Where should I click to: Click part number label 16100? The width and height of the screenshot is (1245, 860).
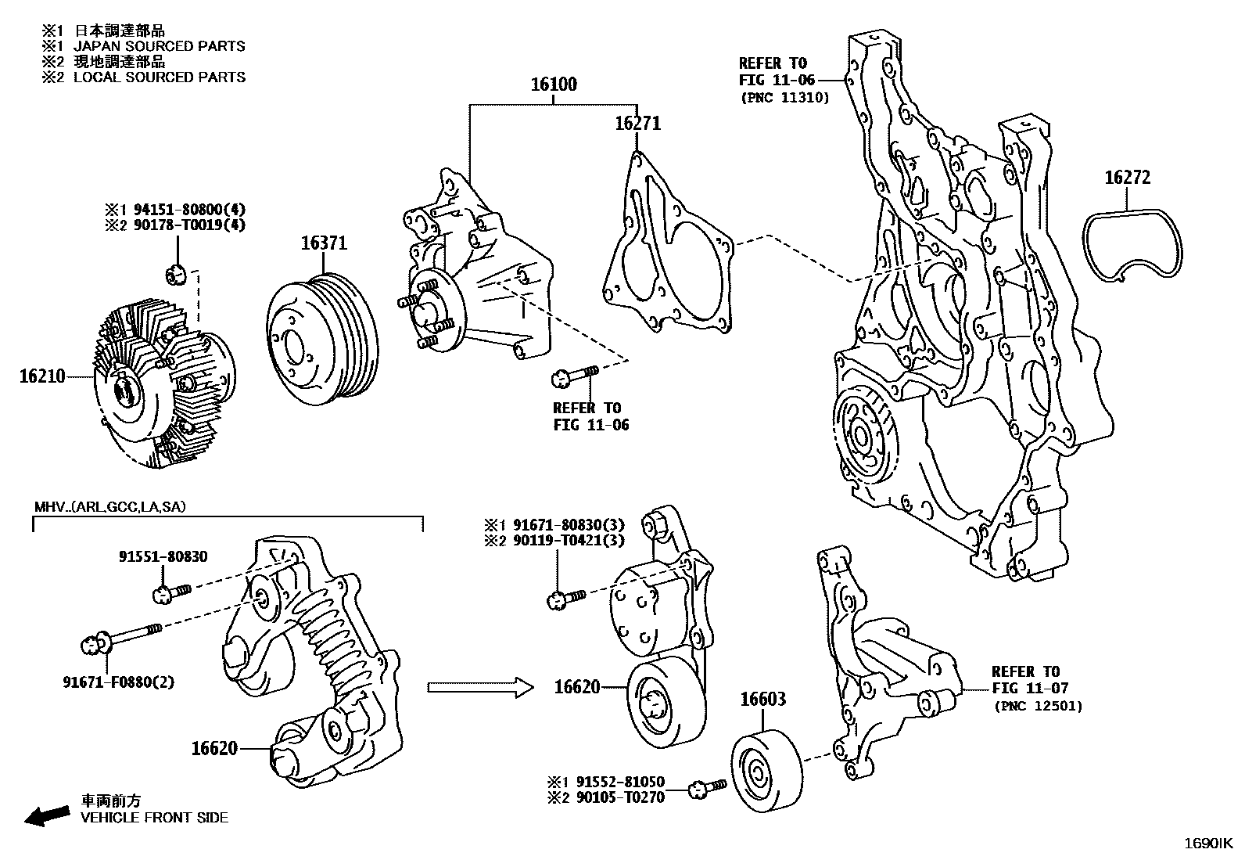click(x=554, y=85)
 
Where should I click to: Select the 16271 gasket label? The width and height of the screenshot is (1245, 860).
click(x=637, y=124)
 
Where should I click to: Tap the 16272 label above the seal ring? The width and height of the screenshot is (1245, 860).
click(x=1127, y=178)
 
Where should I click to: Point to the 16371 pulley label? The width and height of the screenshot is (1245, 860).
click(x=325, y=244)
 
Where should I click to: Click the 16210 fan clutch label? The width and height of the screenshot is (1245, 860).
click(x=42, y=377)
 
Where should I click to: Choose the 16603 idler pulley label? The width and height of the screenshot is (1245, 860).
click(x=763, y=700)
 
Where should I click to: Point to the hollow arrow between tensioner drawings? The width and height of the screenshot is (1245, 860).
click(x=479, y=687)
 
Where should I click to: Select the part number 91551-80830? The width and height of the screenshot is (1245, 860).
click(x=163, y=557)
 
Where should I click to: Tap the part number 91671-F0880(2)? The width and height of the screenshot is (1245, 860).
click(x=119, y=682)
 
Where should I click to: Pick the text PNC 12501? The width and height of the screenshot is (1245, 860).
click(x=1039, y=706)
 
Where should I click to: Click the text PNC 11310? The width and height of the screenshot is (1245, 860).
click(x=784, y=98)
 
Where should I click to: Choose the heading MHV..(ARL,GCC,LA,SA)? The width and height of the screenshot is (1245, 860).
click(x=109, y=507)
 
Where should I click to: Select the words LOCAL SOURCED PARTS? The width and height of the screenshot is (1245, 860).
click(x=160, y=77)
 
